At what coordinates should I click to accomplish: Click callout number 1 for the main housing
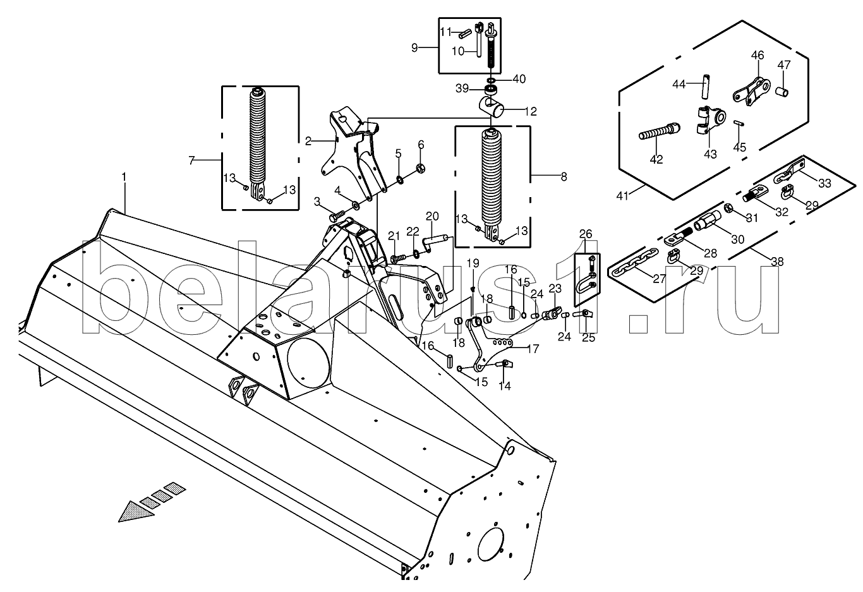pyautogui.click(x=124, y=177)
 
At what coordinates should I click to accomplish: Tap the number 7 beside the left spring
pyautogui.click(x=191, y=160)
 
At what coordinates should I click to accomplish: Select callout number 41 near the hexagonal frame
pyautogui.click(x=622, y=196)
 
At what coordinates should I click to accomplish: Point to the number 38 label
pyautogui.click(x=778, y=262)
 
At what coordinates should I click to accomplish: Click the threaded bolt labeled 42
pyautogui.click(x=659, y=131)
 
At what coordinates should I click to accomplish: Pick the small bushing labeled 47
pyautogui.click(x=782, y=92)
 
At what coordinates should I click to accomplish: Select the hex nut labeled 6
pyautogui.click(x=421, y=168)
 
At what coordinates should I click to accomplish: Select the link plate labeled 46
pyautogui.click(x=751, y=91)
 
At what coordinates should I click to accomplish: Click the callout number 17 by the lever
pyautogui.click(x=533, y=349)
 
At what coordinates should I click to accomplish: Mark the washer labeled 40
pyautogui.click(x=492, y=80)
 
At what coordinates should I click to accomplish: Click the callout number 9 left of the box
pyautogui.click(x=414, y=48)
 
